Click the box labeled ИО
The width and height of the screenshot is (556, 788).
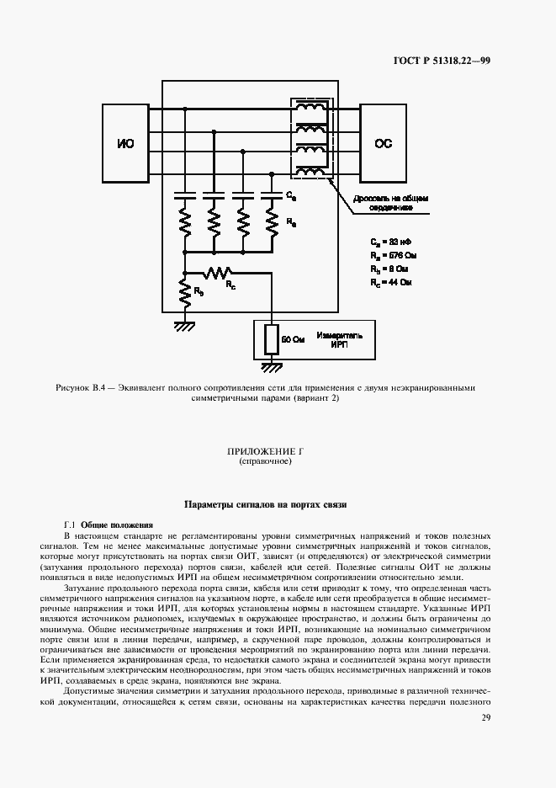124,144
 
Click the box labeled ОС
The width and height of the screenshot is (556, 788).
383,144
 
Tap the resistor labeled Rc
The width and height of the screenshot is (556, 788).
220,273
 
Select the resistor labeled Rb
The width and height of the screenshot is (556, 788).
184,292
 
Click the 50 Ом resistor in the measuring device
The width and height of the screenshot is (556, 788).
271,339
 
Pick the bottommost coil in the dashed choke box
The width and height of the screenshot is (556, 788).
312,172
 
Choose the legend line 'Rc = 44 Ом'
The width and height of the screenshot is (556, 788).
393,283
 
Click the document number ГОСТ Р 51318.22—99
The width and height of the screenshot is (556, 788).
442,60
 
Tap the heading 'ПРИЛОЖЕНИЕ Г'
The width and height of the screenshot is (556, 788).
265,452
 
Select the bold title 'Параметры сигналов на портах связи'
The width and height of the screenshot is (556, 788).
265,504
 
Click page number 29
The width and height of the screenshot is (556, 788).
485,717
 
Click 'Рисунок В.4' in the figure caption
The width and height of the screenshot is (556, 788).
80,388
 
